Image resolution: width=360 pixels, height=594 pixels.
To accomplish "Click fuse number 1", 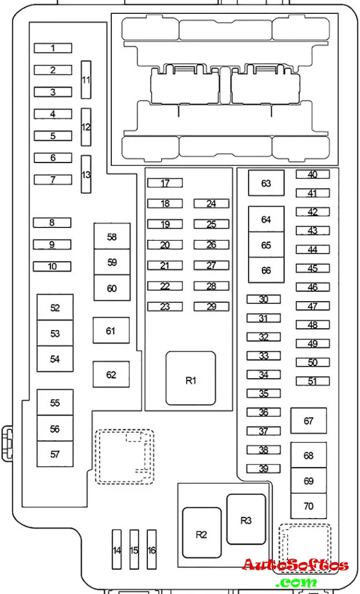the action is coord(53,48).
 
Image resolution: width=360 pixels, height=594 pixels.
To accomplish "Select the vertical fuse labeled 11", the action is coord(86,79).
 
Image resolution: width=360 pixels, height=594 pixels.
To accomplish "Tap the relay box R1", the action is coord(191,378).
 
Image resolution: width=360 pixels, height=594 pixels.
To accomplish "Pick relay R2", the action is coord(202,533).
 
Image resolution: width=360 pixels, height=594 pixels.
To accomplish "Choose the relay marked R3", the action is coord(246,519).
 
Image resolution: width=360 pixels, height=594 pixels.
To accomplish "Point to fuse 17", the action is coord(165,183).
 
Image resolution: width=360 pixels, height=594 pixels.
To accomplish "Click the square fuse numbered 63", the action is coord(266,183).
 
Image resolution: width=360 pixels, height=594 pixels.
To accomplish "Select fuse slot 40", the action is coord(312,174).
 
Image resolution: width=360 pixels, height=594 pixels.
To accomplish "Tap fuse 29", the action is coord(212,306).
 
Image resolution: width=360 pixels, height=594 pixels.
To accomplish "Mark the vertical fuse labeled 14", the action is coord(117,549).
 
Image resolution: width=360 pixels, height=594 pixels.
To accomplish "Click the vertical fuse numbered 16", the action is coord(151,549).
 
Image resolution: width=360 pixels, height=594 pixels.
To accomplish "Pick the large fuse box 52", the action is coord(55,307).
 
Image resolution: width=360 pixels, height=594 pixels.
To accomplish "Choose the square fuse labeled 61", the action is coord(111,330).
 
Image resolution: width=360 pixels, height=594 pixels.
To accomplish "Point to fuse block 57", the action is coord(55,454).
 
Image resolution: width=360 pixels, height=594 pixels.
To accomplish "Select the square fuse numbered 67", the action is coord(308,421).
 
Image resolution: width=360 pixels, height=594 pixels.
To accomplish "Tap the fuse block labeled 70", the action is coord(308,506).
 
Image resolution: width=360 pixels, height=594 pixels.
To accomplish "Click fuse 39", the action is coord(264,469).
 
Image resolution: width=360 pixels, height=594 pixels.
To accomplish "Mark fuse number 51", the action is coord(312,381).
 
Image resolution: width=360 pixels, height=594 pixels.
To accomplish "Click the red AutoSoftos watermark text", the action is coord(295,565).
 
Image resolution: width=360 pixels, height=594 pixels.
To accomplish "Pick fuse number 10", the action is coord(52,266).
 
